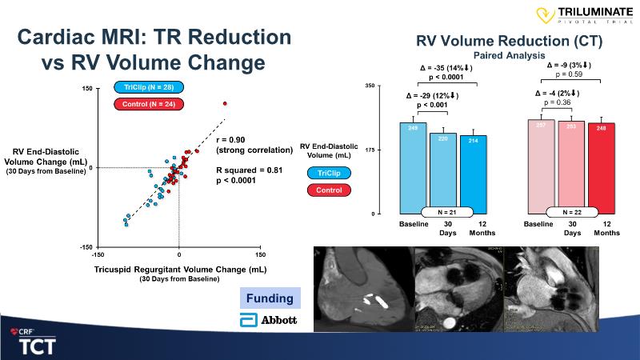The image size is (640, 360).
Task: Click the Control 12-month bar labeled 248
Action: [x=606, y=168]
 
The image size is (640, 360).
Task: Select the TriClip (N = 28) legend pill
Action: [x=150, y=88]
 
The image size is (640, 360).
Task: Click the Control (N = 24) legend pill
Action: [x=150, y=105]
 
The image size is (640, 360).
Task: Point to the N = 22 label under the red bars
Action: [x=572, y=212]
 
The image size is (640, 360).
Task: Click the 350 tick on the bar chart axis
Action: [x=370, y=85]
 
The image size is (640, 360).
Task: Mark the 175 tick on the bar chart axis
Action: [x=370, y=150]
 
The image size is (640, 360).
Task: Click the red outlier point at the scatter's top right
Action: [x=225, y=103]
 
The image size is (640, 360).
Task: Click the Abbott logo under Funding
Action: [x=269, y=320]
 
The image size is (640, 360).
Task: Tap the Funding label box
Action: [x=269, y=299]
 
